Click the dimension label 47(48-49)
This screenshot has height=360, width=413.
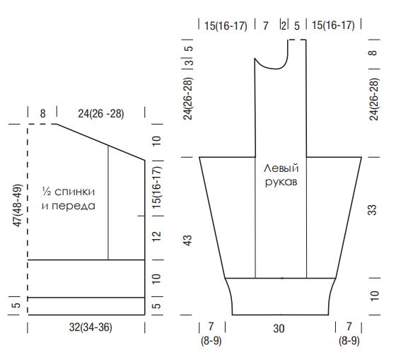(x=18, y=205)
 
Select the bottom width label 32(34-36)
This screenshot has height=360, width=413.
(x=91, y=327)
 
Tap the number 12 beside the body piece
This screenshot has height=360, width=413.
(x=156, y=236)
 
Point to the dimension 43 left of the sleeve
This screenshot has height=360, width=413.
(x=187, y=240)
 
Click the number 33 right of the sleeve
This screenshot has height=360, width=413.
(x=372, y=210)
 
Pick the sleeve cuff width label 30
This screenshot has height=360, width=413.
(x=279, y=328)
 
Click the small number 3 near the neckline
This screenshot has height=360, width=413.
(x=190, y=63)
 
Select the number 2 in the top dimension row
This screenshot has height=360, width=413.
(x=284, y=25)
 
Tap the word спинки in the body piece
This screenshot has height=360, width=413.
(x=75, y=192)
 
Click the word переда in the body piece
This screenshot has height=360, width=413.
(x=74, y=206)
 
